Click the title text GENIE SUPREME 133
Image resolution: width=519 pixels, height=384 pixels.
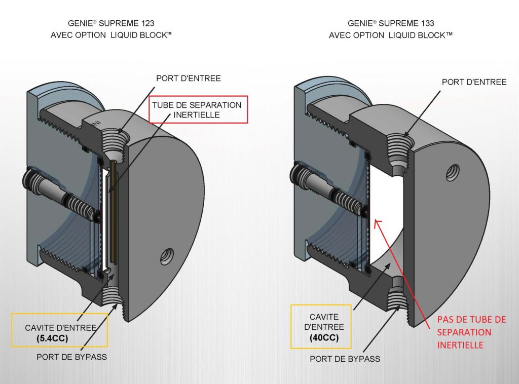(x=391, y=23)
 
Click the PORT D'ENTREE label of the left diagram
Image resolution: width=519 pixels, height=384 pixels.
(x=189, y=78)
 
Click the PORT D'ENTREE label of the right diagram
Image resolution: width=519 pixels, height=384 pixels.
(x=474, y=82)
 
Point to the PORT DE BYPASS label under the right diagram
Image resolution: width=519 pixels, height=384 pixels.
(x=345, y=359)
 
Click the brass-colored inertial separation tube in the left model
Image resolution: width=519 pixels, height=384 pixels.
(x=112, y=213)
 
